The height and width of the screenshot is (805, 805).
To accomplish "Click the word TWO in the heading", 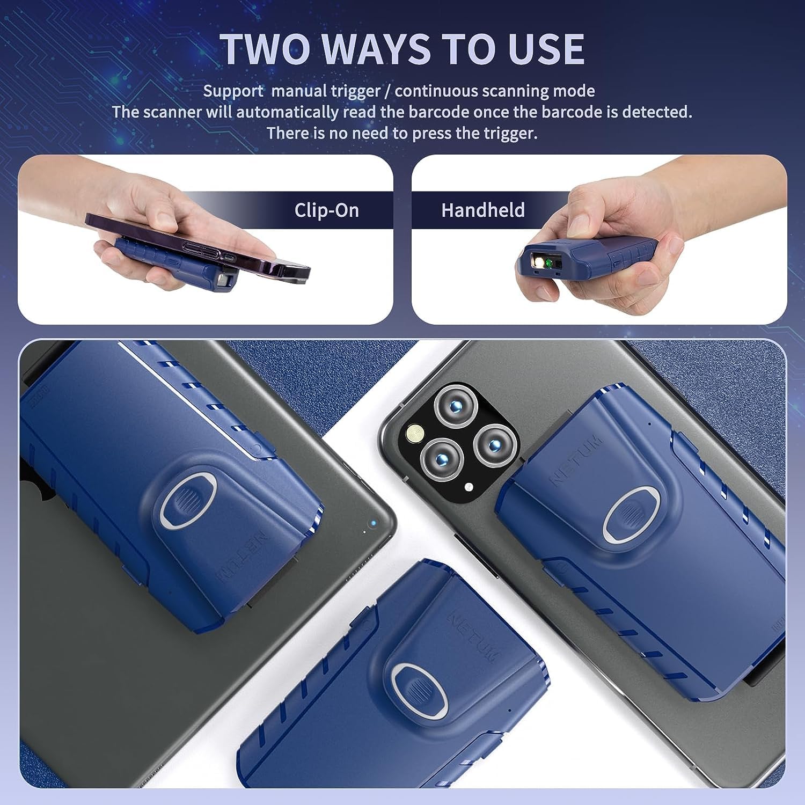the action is click(x=266, y=49).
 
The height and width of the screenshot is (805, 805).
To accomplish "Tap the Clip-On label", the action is click(x=326, y=210).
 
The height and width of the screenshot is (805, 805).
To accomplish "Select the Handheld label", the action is click(x=483, y=210).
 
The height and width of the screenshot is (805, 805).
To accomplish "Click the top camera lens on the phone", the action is click(x=456, y=405).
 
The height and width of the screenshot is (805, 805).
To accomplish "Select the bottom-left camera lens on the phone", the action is click(x=441, y=459).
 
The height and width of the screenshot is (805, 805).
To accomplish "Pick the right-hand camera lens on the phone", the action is click(x=496, y=445).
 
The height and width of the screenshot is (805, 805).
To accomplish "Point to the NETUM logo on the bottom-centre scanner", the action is click(x=472, y=636).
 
